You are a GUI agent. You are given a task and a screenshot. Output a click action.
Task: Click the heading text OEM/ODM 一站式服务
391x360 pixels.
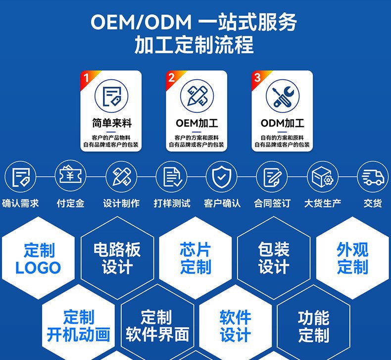click(194, 22)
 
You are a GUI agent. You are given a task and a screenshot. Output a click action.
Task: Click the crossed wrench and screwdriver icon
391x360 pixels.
click(283, 96)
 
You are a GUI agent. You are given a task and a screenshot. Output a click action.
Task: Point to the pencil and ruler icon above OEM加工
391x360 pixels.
click(196, 96)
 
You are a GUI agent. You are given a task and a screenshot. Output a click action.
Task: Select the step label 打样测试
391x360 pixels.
click(172, 203)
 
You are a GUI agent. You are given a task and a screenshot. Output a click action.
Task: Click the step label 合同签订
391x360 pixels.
click(272, 203)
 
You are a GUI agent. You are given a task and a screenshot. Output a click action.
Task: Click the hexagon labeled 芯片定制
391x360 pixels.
click(195, 258)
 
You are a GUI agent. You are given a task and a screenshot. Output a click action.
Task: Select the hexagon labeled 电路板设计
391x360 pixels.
click(117, 258)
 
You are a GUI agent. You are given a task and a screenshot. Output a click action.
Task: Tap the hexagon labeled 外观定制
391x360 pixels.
click(352, 258)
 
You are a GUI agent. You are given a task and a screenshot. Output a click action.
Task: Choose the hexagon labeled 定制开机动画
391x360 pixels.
click(78, 325)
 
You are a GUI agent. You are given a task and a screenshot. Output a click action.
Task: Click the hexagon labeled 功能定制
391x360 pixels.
click(313, 325)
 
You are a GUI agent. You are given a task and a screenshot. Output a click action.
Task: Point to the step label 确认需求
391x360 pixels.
click(20, 203)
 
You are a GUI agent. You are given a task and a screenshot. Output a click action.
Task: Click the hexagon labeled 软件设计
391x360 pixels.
click(235, 325)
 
